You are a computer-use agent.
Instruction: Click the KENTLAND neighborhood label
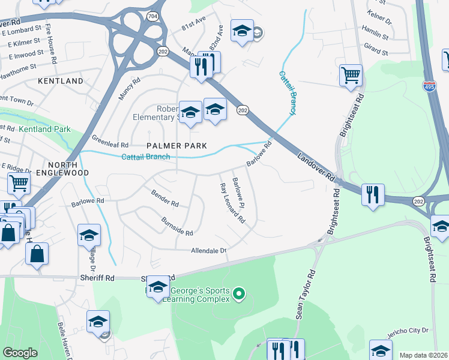point(60,80)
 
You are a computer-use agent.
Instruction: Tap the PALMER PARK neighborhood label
point(177,146)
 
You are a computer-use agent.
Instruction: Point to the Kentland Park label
point(44,129)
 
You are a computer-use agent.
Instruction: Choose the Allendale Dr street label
point(209,251)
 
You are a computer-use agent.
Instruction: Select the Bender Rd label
point(165,199)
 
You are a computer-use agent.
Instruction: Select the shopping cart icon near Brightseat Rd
point(351,75)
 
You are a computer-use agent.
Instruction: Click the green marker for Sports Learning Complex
point(239,293)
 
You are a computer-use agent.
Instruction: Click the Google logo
point(20,353)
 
